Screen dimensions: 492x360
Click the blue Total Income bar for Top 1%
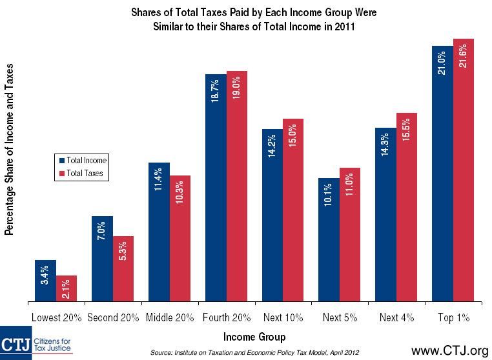(x=442, y=174)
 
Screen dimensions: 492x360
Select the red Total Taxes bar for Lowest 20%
(x=67, y=288)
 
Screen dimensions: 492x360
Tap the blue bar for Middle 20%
(x=159, y=232)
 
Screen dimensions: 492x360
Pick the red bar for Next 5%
(x=350, y=235)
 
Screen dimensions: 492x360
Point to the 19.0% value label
(x=236, y=88)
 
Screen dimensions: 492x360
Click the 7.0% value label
(x=101, y=231)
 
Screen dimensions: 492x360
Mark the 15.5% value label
(x=406, y=130)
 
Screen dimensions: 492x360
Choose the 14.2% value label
(x=272, y=146)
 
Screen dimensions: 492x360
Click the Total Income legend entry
(x=83, y=160)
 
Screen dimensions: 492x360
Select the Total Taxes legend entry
(x=81, y=173)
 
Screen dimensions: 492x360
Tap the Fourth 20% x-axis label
(x=227, y=317)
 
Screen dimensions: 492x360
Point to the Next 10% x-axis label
(x=283, y=317)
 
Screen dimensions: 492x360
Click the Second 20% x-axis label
(x=113, y=317)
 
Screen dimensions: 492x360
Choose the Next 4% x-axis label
(x=396, y=317)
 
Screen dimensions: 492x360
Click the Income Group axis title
(x=254, y=337)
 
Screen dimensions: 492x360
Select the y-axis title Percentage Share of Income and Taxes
(x=9, y=150)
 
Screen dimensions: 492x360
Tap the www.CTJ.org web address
(x=450, y=350)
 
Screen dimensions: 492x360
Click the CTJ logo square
(x=15, y=343)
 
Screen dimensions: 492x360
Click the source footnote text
(x=254, y=352)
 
